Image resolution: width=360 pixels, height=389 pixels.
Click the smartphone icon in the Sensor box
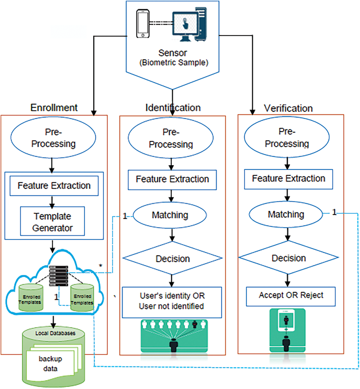143,24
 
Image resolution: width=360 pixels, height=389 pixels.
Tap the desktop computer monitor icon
185,24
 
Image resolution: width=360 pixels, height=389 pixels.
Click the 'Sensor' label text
173,53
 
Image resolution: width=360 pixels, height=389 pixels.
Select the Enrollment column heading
54,108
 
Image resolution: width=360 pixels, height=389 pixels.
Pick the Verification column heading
288,108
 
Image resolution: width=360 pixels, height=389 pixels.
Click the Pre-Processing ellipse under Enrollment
53,138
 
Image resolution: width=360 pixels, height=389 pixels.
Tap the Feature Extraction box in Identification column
172,179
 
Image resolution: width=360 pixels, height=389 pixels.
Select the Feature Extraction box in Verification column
288,179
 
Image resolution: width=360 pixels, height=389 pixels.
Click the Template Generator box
52,222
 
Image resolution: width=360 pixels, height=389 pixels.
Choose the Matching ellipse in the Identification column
170,215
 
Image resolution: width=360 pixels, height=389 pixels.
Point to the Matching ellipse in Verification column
286,214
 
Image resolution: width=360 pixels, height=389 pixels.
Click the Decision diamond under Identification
173,259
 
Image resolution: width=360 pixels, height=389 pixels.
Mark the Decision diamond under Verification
289,258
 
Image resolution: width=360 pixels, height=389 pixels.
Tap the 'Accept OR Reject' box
291,296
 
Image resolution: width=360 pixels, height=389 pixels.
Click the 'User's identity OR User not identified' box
172,301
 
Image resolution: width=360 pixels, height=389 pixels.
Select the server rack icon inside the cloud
58,276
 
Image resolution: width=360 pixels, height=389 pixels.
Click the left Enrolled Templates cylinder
30,298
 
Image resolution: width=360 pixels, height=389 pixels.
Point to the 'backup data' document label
50,364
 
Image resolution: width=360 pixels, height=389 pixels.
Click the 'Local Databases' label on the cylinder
55,333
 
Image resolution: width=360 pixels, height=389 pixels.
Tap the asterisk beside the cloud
101,266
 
